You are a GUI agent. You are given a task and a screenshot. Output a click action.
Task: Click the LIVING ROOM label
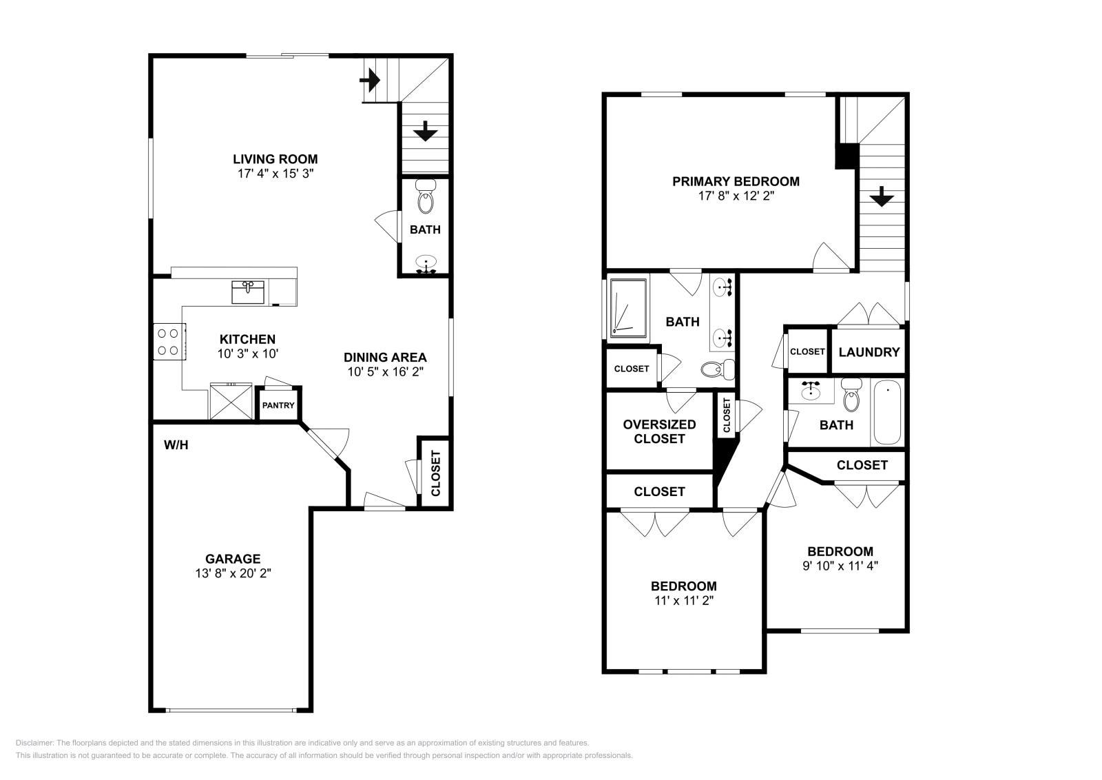click(x=275, y=159)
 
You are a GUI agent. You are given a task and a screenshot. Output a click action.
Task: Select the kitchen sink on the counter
click(x=248, y=292)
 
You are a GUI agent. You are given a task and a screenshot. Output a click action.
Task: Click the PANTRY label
click(x=278, y=405)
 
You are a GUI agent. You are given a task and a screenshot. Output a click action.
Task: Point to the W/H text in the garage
click(x=176, y=445)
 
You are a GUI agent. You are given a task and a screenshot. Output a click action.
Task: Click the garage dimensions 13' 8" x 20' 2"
click(x=233, y=573)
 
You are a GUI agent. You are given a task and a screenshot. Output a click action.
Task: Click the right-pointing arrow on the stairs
click(x=371, y=81)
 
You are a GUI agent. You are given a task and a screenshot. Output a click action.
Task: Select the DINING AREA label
click(x=385, y=357)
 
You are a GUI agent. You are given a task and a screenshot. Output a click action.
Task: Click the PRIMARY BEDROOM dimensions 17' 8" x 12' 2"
click(x=736, y=196)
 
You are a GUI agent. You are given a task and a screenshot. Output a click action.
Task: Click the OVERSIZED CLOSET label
click(x=659, y=431)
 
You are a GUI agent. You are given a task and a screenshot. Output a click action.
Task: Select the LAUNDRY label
click(x=869, y=352)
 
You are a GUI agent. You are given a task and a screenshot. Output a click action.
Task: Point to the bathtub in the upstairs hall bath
click(x=887, y=413)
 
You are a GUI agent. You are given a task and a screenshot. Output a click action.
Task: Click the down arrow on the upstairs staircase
click(x=881, y=198)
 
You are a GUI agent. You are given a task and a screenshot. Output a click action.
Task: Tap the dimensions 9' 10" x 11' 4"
click(x=840, y=566)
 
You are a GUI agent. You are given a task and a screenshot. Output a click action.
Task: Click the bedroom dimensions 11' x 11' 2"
click(x=683, y=600)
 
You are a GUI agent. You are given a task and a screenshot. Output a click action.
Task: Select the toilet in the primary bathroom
click(x=715, y=370)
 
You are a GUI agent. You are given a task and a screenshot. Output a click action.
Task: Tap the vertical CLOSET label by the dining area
click(x=435, y=473)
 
